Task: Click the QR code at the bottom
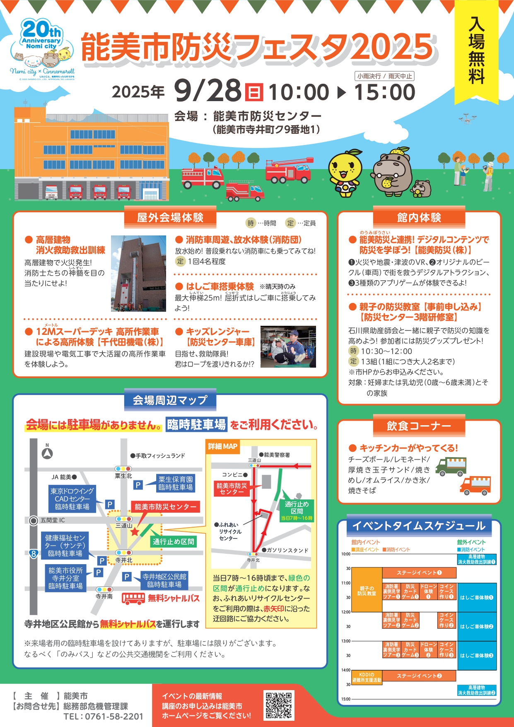pyautogui.click(x=279, y=705)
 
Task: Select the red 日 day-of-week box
pyautogui.click(x=253, y=92)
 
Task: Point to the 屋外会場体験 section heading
pyautogui.click(x=170, y=218)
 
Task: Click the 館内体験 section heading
pyautogui.click(x=419, y=218)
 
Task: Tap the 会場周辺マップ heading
pyautogui.click(x=170, y=400)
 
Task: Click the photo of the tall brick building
pyautogui.click(x=138, y=274)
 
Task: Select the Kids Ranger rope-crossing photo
pyautogui.click(x=288, y=347)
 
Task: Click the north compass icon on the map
pyautogui.click(x=47, y=453)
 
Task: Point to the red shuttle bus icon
pyautogui.click(x=133, y=598)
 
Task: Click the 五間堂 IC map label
pyautogui.click(x=52, y=520)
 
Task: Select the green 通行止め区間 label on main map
pyautogui.click(x=173, y=541)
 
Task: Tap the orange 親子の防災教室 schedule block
pyautogui.click(x=367, y=590)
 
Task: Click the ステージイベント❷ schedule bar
pyautogui.click(x=419, y=676)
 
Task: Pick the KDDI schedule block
pyautogui.click(x=367, y=677)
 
